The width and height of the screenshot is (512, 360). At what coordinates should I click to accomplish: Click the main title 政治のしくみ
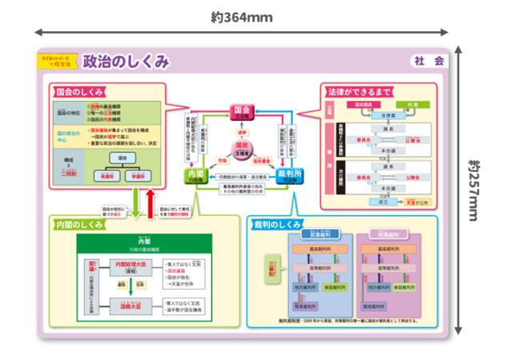coord(126,62)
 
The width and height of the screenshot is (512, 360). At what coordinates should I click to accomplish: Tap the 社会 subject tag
coord(428,61)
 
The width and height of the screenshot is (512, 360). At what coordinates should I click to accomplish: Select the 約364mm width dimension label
coord(242,18)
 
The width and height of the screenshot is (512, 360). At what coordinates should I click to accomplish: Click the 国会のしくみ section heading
coord(83,92)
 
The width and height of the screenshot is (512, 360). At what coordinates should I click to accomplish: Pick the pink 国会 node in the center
coord(241,112)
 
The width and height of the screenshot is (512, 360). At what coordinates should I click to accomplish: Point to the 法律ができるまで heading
coord(359,92)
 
